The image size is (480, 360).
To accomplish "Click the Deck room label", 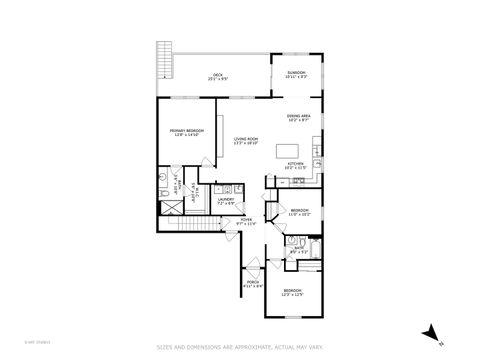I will coord(216,76).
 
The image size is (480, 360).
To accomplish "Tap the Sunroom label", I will coord(296,74).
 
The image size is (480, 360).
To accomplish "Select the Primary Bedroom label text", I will coord(187,133).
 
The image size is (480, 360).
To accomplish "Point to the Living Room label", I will coord(246,141).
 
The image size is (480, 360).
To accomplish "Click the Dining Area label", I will coord(299,119).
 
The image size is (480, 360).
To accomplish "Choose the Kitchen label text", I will coord(295,165).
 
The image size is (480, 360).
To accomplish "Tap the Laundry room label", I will coord(226,201).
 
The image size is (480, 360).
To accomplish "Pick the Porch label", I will coord(253,284).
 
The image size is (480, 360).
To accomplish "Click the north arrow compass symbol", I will coord(430,331).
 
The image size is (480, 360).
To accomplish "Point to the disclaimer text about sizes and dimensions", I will coord(240,347).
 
